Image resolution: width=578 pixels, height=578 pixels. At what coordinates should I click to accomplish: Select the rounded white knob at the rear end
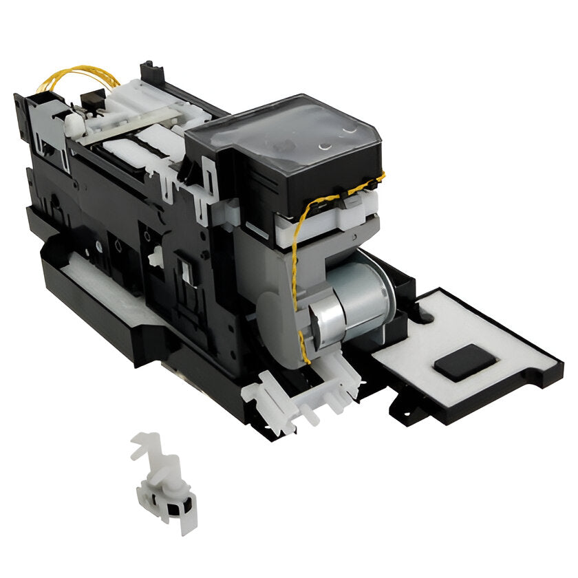[x=72, y=123]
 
